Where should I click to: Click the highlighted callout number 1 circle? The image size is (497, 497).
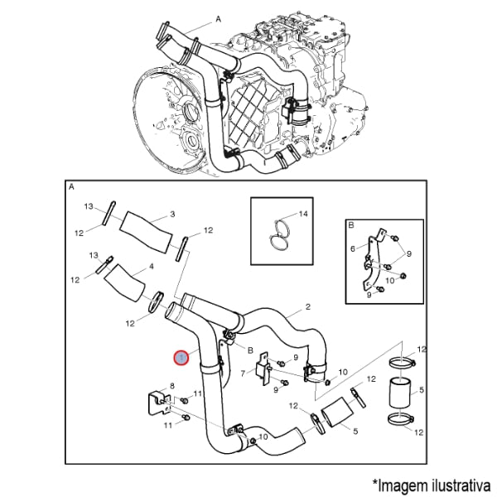pos(181,358)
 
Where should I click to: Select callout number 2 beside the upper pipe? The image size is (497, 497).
pos(308,306)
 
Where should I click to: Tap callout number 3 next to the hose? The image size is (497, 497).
pos(172,215)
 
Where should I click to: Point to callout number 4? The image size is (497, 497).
pos(152,267)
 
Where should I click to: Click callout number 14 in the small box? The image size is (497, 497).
pos(303,214)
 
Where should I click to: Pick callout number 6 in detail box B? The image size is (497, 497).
pos(353,248)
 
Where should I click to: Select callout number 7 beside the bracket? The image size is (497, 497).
pos(243,374)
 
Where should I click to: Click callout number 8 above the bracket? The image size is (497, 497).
pos(172,386)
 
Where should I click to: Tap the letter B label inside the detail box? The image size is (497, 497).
pos(351,225)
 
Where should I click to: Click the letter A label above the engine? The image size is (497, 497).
pos(218,19)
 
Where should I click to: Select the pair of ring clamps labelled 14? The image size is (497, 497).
pos(279,234)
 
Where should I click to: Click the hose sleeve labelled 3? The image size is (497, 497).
pos(146,232)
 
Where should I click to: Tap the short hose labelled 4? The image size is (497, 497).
pos(124,282)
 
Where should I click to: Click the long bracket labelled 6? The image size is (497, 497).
pos(371,262)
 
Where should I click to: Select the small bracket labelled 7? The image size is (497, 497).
pos(263,369)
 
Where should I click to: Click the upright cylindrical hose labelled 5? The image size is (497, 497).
pos(399,392)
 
